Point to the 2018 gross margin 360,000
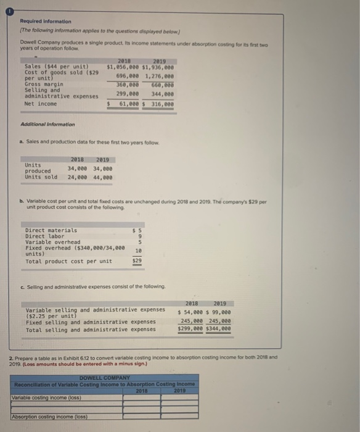tap(128, 85)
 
